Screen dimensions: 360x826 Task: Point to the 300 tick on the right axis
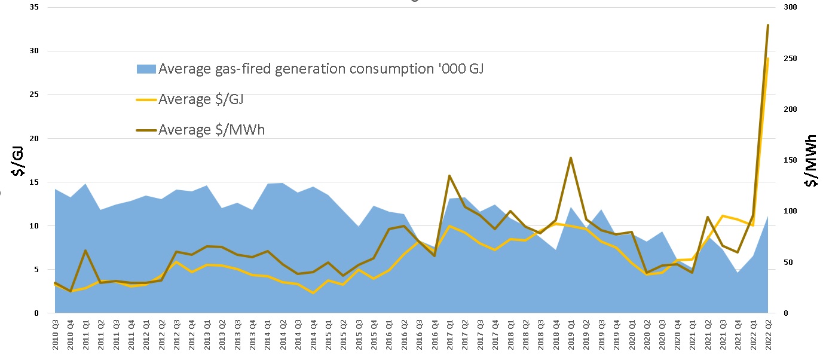point(790,7)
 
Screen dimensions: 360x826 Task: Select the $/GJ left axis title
point(19,162)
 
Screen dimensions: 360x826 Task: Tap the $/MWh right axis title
point(811,161)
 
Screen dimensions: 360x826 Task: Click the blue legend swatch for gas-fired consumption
point(146,69)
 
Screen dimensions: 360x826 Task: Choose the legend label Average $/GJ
point(201,99)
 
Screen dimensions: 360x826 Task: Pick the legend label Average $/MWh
point(212,130)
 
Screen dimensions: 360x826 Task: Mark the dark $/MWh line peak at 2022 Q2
point(768,25)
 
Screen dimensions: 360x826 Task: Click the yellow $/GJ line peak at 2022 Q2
point(768,59)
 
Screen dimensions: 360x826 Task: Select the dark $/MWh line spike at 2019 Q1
point(571,158)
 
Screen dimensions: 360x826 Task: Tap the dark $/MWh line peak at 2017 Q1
point(449,176)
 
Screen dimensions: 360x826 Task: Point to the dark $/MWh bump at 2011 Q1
point(85,251)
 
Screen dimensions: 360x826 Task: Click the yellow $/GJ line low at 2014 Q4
point(313,293)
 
